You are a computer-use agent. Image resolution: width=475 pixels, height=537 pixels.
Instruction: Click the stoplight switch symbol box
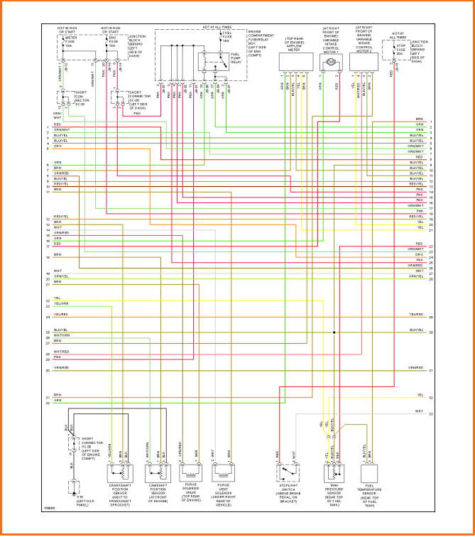pyautogui.click(x=287, y=472)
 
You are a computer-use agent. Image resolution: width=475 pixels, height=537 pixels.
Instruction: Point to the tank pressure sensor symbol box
pyautogui.click(x=334, y=472)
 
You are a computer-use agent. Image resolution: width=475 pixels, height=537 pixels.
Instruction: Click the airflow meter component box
pyautogui.click(x=293, y=63)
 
